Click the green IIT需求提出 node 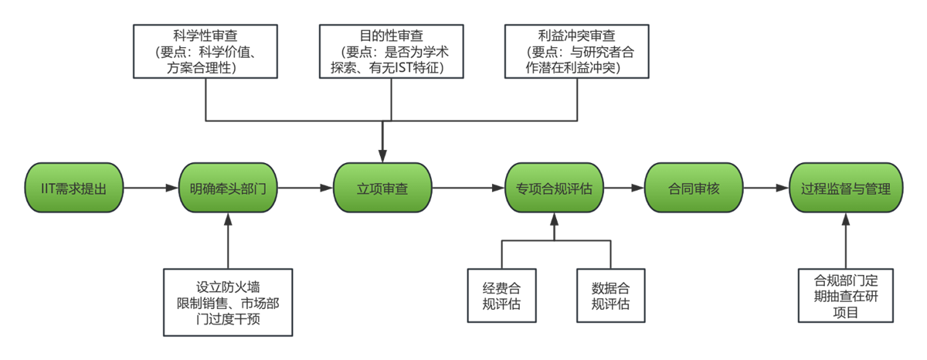point(73,188)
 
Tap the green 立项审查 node point(382,188)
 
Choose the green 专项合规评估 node point(554,188)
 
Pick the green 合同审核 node point(693,188)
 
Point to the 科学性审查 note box point(204,51)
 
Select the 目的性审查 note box point(392,51)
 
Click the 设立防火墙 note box point(228,301)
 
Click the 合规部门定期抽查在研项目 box point(847,295)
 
